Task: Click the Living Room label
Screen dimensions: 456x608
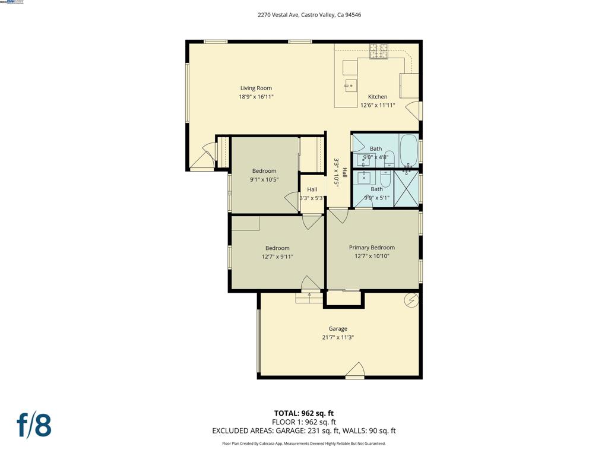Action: (256, 88)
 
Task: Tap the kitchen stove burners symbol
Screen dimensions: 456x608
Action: (378, 52)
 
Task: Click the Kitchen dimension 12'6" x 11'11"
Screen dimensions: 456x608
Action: (378, 105)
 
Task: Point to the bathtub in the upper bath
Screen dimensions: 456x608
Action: (408, 149)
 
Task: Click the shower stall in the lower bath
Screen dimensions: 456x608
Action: (407, 188)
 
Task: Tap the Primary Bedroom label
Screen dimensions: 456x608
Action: (372, 248)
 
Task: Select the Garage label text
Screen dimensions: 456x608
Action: (338, 329)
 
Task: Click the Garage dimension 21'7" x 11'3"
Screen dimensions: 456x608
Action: (338, 337)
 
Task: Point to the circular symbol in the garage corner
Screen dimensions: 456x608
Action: (411, 300)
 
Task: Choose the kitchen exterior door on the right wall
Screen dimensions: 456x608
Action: (415, 110)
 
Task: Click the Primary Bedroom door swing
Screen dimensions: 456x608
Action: (338, 216)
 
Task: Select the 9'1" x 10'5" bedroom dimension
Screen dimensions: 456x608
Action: (264, 179)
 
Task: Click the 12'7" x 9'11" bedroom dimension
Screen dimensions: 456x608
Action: (277, 256)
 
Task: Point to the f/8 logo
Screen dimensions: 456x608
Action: (33, 425)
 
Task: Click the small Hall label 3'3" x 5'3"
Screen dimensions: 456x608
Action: (312, 194)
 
